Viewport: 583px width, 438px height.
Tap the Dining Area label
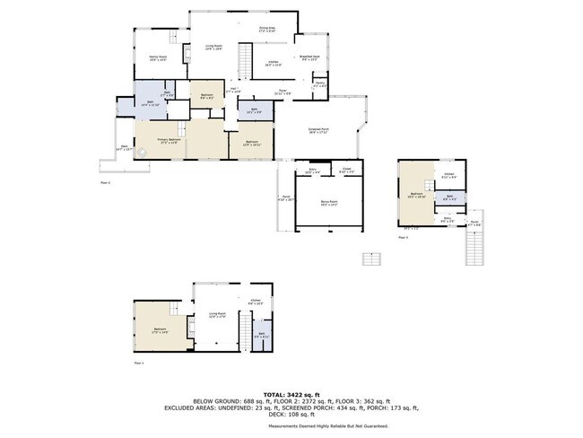[267, 30]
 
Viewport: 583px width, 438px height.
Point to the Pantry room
[320, 85]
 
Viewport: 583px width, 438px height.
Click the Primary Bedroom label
[173, 141]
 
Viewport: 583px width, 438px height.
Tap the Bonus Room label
[329, 205]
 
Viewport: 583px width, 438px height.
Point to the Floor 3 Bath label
[450, 198]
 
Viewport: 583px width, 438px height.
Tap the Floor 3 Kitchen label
[449, 175]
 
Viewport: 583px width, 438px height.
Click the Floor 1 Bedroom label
[161, 330]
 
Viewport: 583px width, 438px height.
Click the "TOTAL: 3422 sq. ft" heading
[291, 395]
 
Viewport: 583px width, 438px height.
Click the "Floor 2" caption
[103, 181]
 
